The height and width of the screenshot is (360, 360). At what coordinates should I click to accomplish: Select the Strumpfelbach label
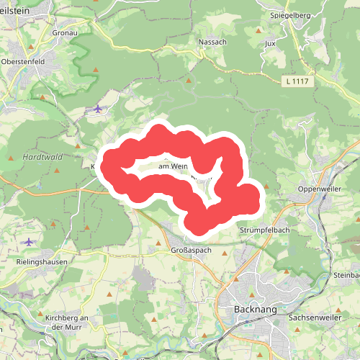[264, 230]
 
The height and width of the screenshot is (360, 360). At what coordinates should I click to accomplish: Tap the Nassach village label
[212, 42]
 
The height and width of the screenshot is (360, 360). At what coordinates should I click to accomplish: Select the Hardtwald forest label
[44, 156]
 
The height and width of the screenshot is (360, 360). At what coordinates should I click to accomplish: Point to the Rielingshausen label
[41, 263]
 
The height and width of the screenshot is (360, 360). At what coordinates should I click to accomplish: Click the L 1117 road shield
[297, 81]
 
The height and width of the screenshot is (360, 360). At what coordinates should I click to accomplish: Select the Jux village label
[271, 43]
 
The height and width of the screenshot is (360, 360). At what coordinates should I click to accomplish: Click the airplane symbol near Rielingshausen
[28, 242]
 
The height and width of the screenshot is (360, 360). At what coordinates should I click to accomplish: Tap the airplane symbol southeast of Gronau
[98, 109]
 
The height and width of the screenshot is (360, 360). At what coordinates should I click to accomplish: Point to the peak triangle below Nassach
[189, 81]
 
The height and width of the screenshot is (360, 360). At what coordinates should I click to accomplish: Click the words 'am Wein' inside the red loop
[172, 166]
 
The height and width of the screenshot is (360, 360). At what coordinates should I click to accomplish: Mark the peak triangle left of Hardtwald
[12, 157]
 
